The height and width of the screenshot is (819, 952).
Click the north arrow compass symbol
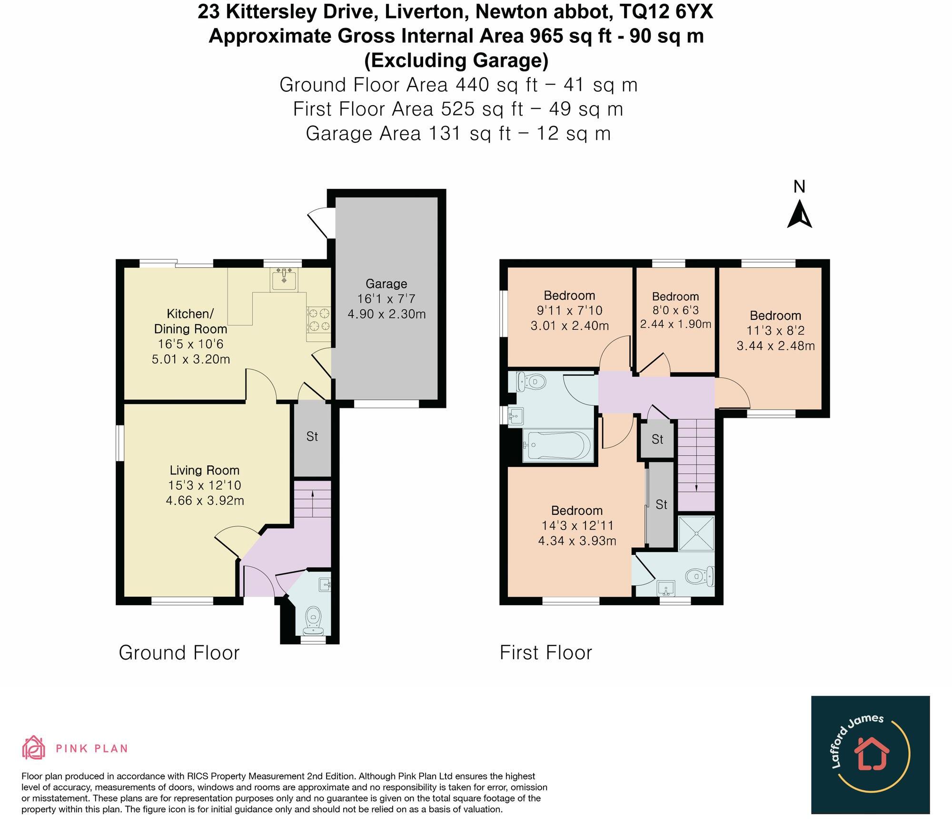pos(799,215)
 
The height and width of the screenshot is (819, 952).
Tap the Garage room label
pos(386,284)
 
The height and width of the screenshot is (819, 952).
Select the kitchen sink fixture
pos(284,279)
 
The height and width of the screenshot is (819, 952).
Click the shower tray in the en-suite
pos(696,534)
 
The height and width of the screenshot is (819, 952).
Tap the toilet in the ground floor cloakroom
pos(313,618)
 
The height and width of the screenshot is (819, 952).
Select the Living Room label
pos(205,471)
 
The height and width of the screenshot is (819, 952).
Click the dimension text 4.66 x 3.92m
pos(205,501)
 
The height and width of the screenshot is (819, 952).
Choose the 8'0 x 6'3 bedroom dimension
pos(675,310)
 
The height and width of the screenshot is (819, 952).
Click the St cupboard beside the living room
pos(312,437)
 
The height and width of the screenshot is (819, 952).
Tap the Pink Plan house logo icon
pos(34,748)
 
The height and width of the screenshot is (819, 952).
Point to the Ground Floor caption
pos(179,653)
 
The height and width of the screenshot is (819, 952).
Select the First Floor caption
pos(545,653)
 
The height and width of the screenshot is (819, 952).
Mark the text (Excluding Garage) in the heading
pos(456,60)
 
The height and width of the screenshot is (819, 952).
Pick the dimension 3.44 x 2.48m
pos(775,346)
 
